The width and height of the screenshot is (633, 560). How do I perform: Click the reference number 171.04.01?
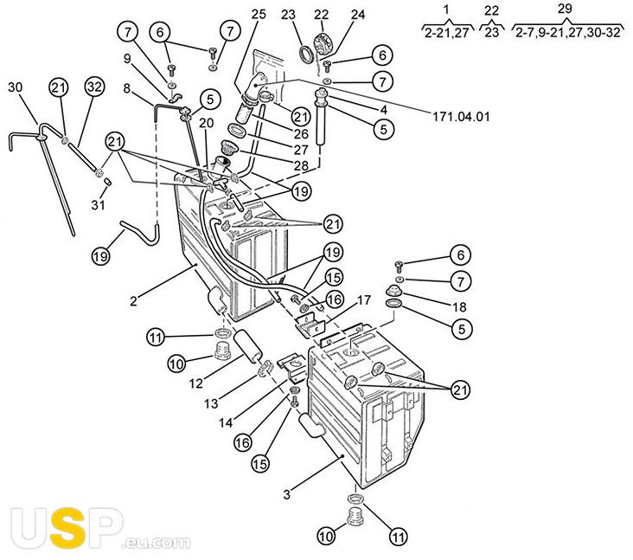[464, 115]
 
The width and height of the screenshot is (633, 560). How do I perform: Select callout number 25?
[259, 16]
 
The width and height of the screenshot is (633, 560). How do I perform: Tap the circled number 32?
[95, 86]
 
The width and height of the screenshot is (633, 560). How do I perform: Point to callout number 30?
[16, 87]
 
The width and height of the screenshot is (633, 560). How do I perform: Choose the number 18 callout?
[460, 306]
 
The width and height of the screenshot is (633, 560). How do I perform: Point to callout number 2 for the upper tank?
[134, 301]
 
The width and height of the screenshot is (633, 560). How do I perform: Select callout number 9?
[126, 59]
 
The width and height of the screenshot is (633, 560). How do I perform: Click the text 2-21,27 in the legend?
[447, 33]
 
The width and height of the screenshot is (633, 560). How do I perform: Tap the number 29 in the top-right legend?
[565, 8]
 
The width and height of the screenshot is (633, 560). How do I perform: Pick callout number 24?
[358, 15]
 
